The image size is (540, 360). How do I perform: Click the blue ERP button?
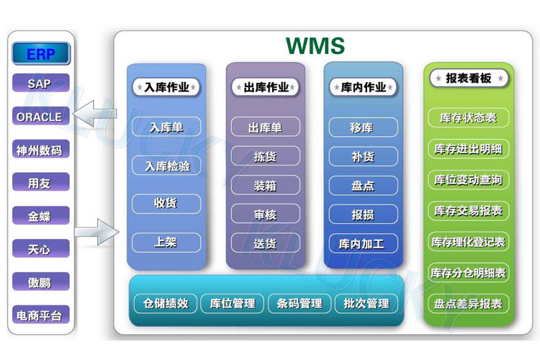(x=41, y=53)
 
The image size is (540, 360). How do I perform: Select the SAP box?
(x=40, y=83)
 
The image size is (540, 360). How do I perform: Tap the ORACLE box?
(x=40, y=116)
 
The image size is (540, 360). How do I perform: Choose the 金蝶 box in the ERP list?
(x=40, y=216)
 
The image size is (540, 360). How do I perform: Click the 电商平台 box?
(x=40, y=315)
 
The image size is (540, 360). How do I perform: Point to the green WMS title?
(x=315, y=45)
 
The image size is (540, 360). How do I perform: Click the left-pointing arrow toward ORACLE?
(x=94, y=113)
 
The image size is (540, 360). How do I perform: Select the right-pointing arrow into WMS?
(x=96, y=232)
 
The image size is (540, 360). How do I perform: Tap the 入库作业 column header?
(x=166, y=87)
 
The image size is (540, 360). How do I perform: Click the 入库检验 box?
(x=166, y=166)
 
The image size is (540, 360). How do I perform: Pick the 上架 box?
(x=166, y=242)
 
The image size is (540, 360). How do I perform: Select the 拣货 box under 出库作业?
(x=265, y=156)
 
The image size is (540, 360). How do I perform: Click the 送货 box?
(x=265, y=243)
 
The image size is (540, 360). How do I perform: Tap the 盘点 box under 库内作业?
(x=364, y=185)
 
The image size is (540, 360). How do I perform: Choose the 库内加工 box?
(x=364, y=243)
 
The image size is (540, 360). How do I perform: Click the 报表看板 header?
(x=469, y=78)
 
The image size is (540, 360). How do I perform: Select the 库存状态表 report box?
(x=469, y=118)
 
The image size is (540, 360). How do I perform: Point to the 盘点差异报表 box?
(x=469, y=304)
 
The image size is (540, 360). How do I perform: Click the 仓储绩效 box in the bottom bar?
(x=166, y=303)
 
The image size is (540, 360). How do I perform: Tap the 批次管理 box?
(x=366, y=303)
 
